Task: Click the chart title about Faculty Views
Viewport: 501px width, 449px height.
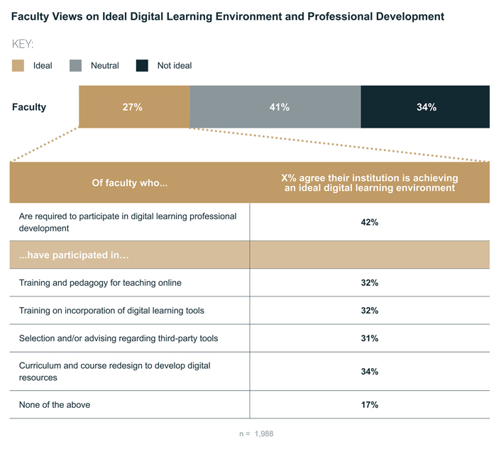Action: coord(228,16)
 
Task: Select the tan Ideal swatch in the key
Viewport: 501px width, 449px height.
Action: coord(18,65)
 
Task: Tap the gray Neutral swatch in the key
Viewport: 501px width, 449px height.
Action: coord(76,65)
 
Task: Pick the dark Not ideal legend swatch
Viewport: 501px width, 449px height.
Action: coord(142,65)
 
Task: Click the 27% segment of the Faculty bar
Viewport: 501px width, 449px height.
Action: coord(134,107)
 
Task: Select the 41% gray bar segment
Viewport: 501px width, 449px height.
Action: coord(275,107)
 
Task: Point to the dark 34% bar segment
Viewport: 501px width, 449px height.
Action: coord(425,107)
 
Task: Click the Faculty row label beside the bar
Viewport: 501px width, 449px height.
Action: coord(29,107)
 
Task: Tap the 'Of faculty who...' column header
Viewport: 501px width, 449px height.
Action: coord(129,183)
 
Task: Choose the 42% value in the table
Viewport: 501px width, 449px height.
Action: coord(369,222)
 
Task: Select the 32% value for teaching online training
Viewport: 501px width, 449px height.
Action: coord(369,283)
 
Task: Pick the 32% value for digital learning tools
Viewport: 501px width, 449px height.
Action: coord(369,311)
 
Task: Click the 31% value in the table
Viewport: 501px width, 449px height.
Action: coord(369,338)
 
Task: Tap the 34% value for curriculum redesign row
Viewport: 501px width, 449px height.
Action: coord(369,372)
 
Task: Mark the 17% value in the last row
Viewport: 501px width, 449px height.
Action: coord(369,405)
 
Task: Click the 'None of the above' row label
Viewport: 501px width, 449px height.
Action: coord(55,405)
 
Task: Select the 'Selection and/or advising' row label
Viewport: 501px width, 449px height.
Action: coord(118,338)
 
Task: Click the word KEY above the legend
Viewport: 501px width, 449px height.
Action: coord(23,44)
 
